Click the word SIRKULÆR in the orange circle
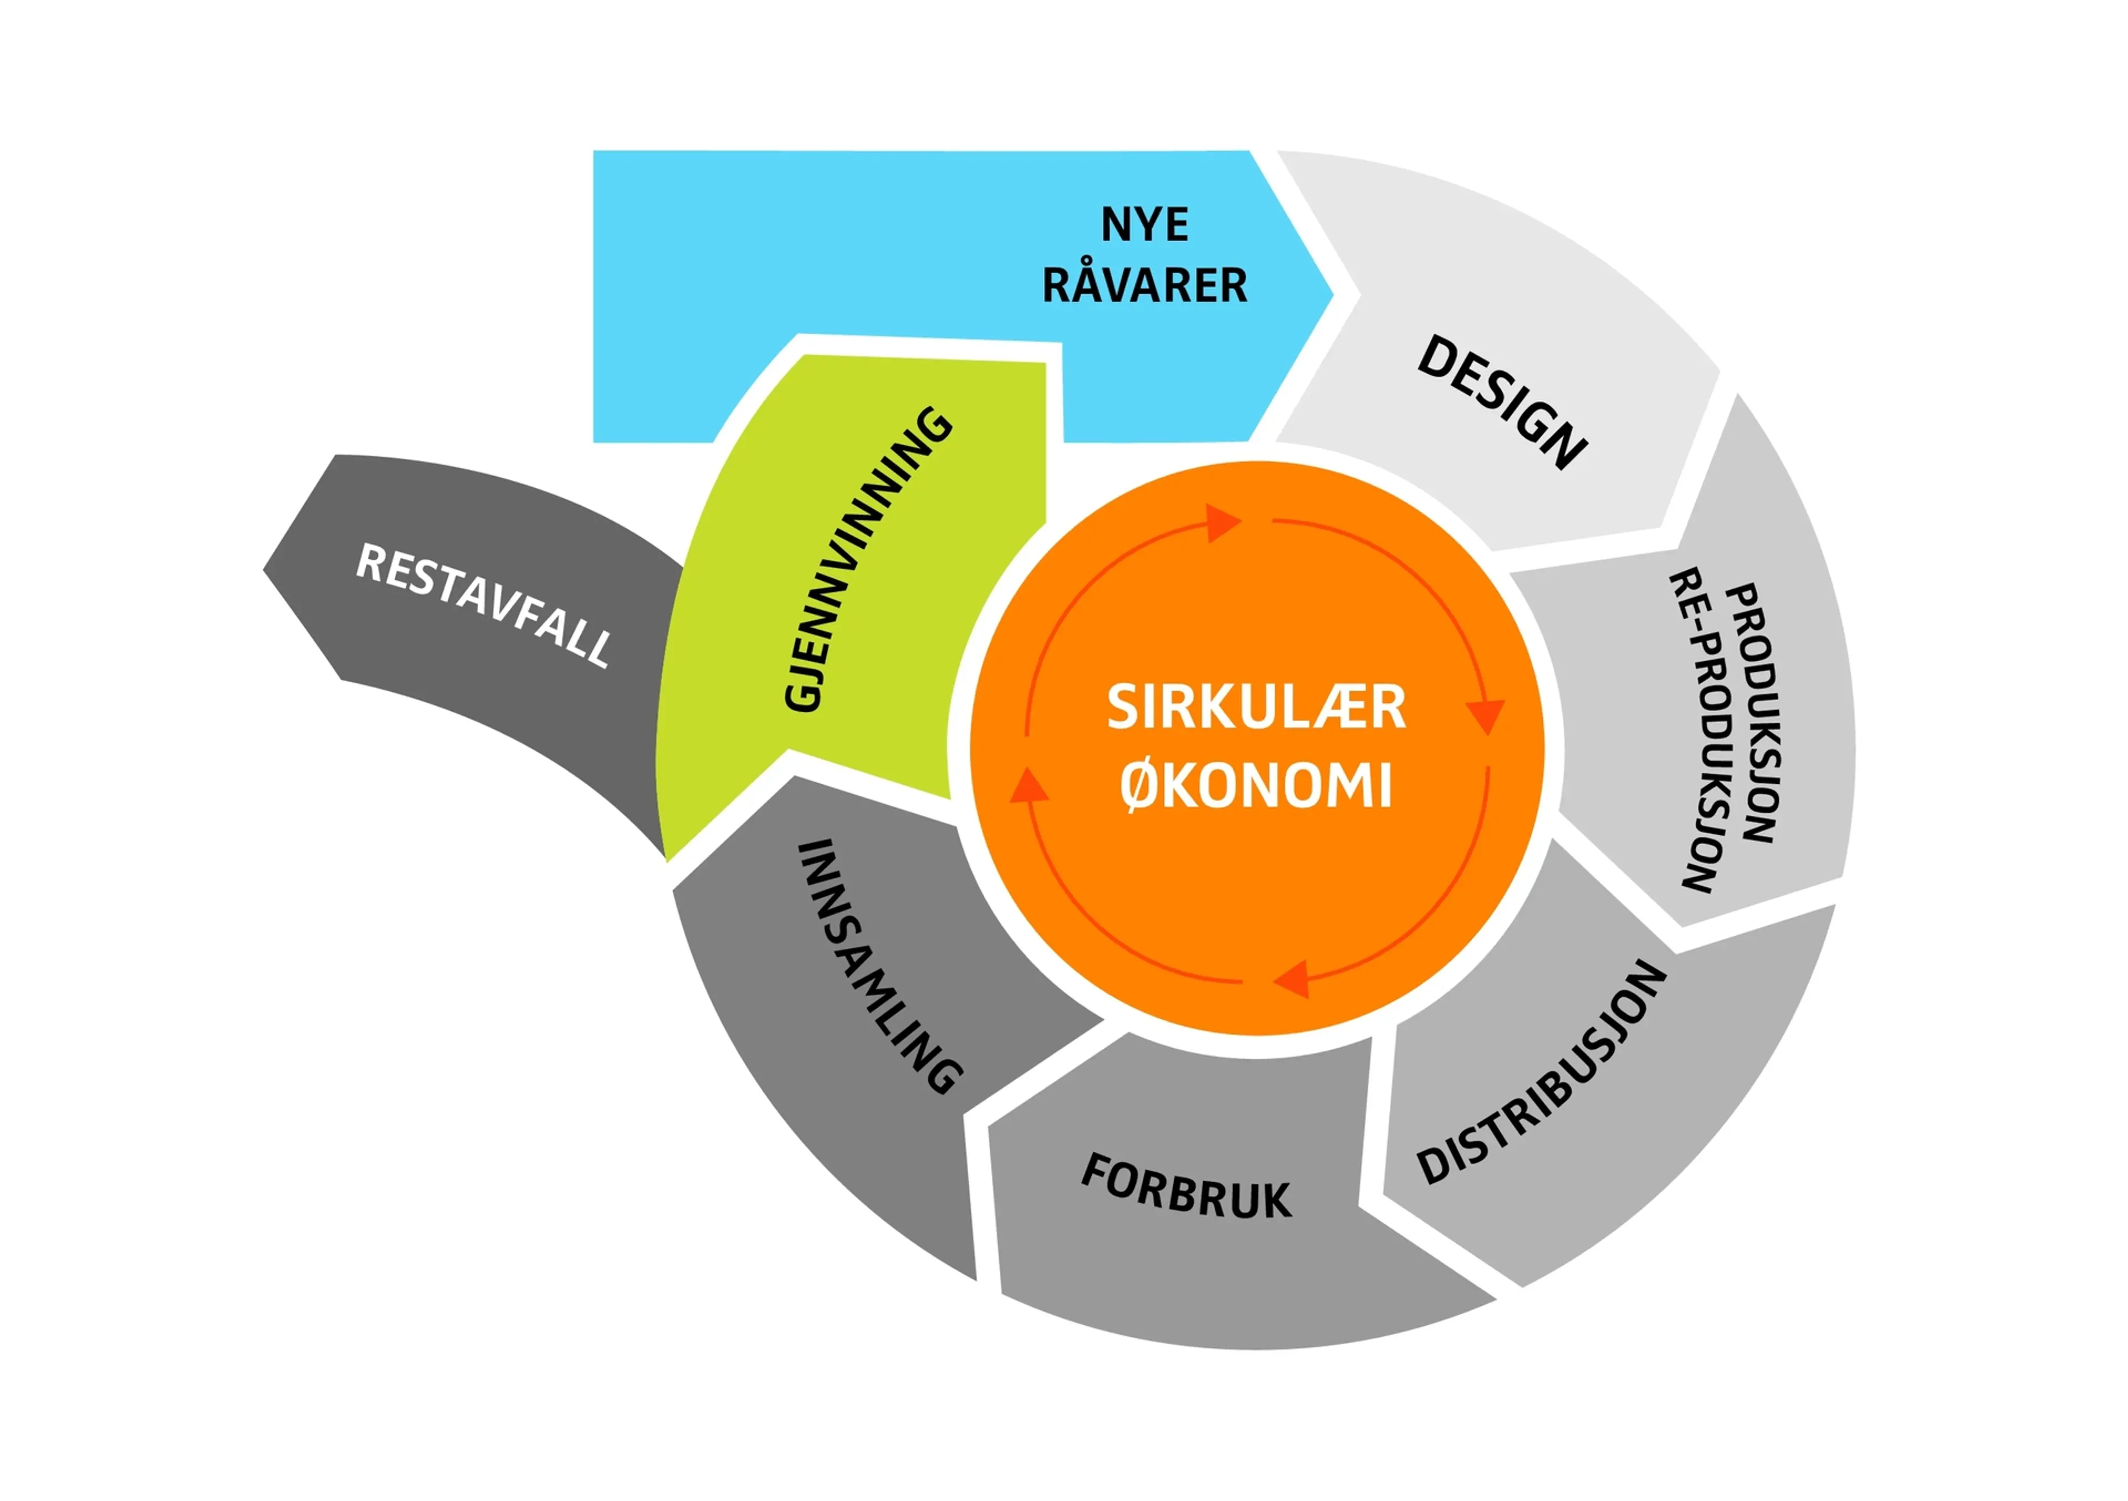pos(1256,707)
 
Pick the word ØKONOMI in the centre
pos(1256,786)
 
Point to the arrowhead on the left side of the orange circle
pos(1029,785)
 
